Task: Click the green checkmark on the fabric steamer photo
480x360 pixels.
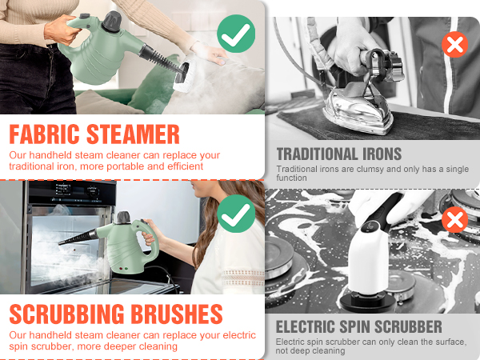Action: [x=236, y=35]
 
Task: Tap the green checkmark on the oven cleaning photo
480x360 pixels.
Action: [x=236, y=214]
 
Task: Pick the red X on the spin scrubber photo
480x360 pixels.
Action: [x=454, y=218]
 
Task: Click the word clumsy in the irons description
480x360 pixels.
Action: [x=345, y=170]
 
